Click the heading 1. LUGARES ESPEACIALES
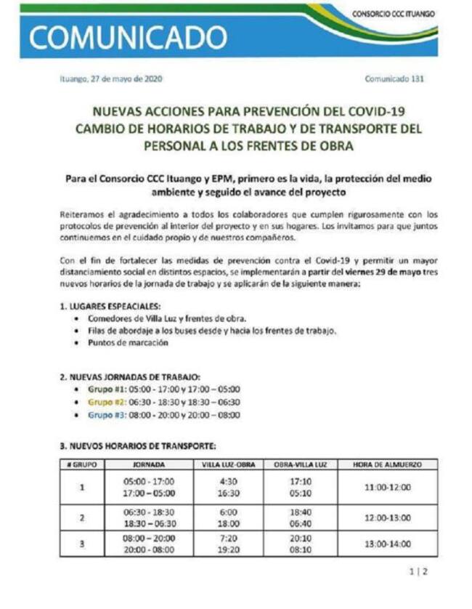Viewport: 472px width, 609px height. [111, 307]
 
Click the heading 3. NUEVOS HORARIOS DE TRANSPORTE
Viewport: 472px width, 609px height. [137, 445]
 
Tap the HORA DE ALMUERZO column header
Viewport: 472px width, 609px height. [387, 464]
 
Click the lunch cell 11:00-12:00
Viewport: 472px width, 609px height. [387, 486]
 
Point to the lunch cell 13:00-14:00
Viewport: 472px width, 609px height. [387, 543]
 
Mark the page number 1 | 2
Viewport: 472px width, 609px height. [419, 571]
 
